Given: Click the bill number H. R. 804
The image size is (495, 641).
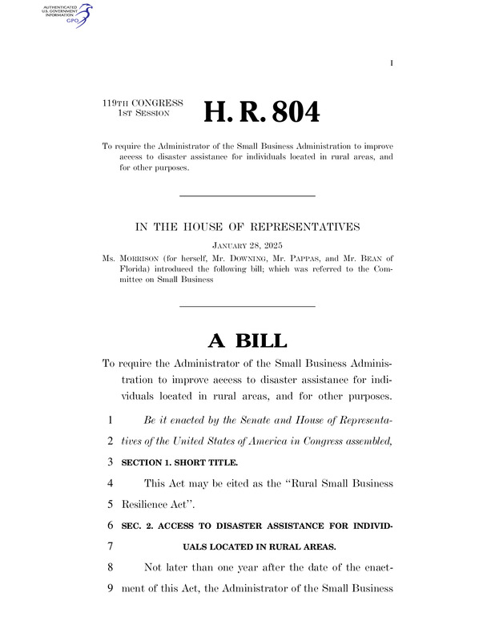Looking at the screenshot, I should (262, 113).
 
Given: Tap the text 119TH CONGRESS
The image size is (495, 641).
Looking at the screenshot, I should (143, 103).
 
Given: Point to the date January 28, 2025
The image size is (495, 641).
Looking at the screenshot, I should (247, 243).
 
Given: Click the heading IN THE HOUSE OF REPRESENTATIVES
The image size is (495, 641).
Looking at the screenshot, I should (247, 228).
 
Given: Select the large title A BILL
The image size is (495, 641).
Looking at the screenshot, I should (247, 341).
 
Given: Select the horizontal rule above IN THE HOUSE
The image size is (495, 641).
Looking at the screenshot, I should (247, 196).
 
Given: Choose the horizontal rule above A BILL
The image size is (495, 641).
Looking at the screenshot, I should (247, 305).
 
